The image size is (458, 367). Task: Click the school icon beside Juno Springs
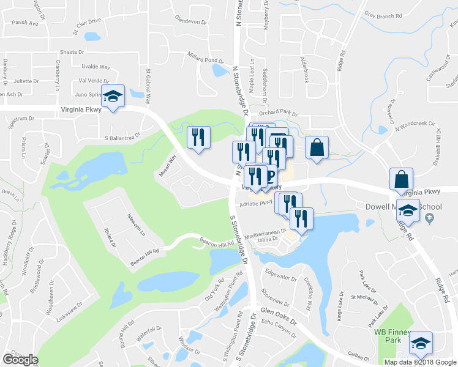[x=113, y=97]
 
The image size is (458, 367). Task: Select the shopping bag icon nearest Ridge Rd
[x=401, y=180]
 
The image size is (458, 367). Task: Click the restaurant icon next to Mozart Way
[x=198, y=138]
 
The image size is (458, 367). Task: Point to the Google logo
[x=20, y=360]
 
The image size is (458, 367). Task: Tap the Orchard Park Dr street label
[x=277, y=114]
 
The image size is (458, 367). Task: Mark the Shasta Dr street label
[x=72, y=53]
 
